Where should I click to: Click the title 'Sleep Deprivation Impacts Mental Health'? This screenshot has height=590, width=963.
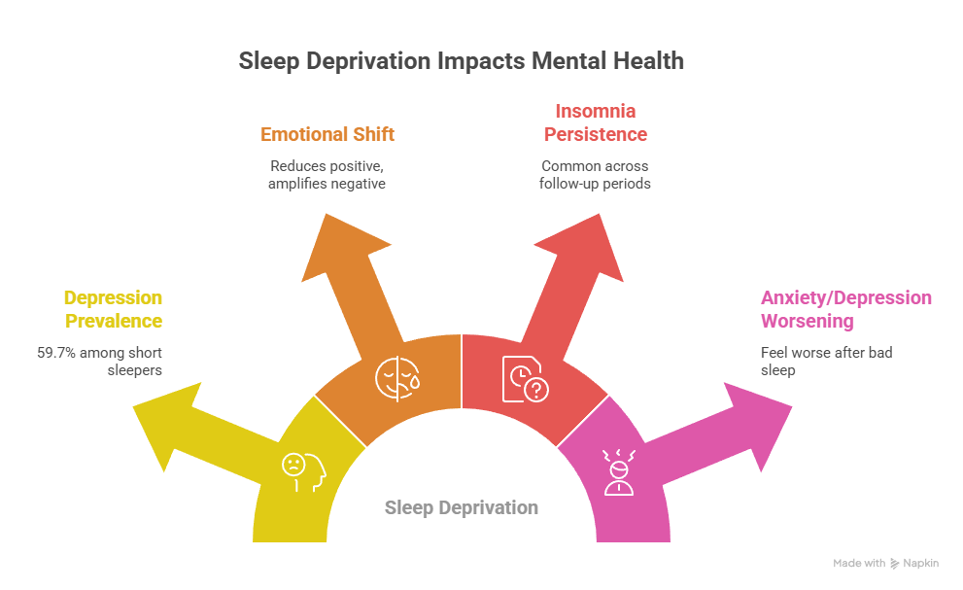(462, 61)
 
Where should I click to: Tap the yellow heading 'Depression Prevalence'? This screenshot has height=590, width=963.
(113, 309)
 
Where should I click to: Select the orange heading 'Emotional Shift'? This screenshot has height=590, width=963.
(327, 134)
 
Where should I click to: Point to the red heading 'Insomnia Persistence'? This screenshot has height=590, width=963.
(595, 122)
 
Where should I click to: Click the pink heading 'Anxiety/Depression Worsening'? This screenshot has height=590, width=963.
(845, 309)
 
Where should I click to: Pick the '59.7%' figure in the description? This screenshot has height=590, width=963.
(57, 352)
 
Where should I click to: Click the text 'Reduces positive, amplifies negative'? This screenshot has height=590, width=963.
(327, 174)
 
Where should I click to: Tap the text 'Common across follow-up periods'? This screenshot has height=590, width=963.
(595, 174)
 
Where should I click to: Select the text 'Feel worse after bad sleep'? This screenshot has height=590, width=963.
(826, 361)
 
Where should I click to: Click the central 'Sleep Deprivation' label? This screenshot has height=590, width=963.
(462, 507)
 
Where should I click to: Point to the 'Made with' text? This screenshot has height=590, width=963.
(858, 563)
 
